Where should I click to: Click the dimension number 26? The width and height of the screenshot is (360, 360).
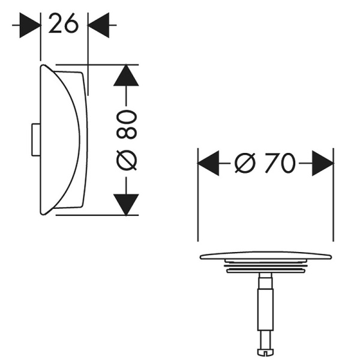pyautogui.click(x=64, y=25)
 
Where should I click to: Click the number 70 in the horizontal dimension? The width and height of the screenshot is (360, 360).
pyautogui.click(x=280, y=163)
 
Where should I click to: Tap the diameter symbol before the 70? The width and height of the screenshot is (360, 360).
pyautogui.click(x=246, y=163)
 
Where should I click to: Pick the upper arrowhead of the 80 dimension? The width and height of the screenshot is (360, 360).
pyautogui.click(x=126, y=75)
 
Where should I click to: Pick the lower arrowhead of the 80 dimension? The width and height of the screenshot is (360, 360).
pyautogui.click(x=126, y=204)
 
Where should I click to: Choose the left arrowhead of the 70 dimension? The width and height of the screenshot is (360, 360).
pyautogui.click(x=208, y=163)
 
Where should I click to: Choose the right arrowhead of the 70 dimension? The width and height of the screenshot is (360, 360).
pyautogui.click(x=323, y=163)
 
